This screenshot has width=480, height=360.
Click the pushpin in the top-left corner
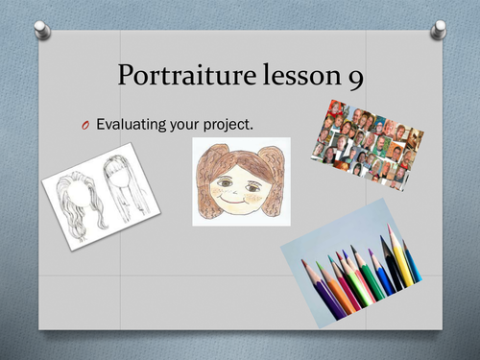pyautogui.click(x=41, y=33)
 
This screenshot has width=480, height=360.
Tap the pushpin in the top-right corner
pyautogui.click(x=438, y=32)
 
